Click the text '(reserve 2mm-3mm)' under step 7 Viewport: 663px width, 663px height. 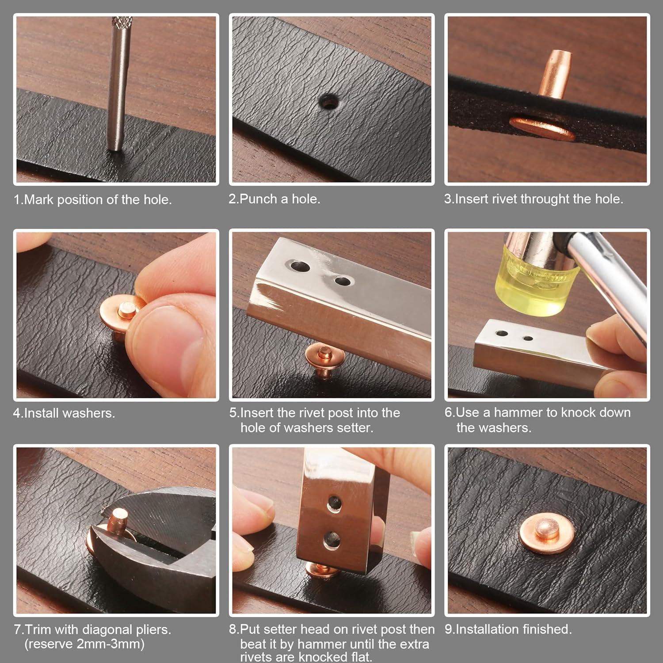[84, 644]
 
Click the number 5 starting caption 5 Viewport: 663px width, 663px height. [233, 413]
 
